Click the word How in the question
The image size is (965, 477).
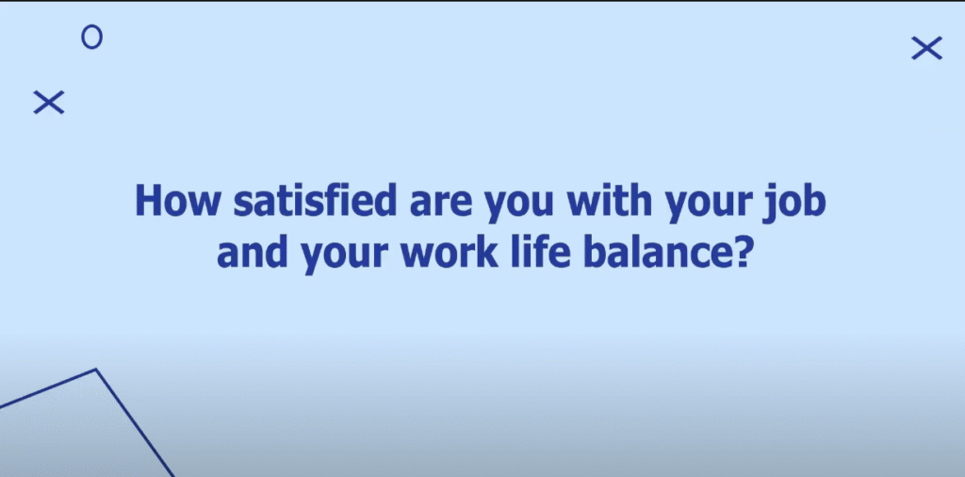click(177, 200)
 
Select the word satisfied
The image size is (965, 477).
click(315, 200)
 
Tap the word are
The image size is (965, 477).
click(440, 204)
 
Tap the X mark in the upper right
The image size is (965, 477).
click(927, 48)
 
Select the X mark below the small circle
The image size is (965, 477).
click(49, 102)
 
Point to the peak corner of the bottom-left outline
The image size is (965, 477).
click(96, 370)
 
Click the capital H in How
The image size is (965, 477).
click(149, 200)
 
